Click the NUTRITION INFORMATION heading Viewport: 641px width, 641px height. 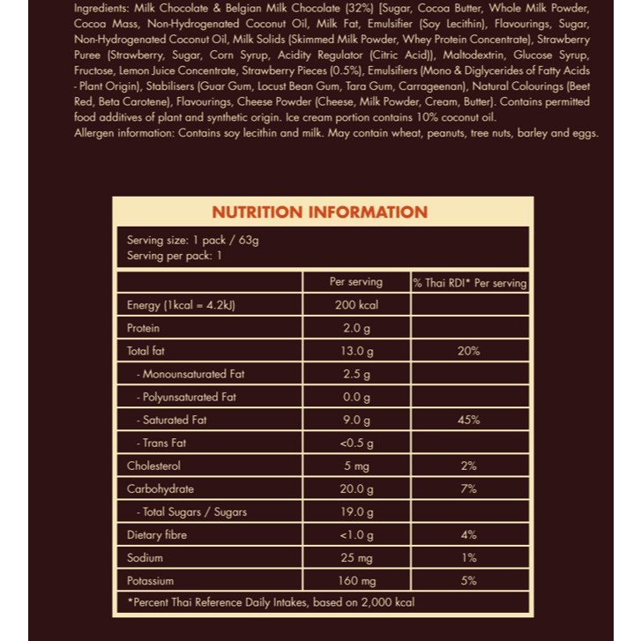click(x=320, y=212)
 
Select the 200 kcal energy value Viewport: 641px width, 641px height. click(x=356, y=305)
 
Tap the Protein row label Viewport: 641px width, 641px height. click(x=144, y=328)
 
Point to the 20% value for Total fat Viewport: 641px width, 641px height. click(x=469, y=351)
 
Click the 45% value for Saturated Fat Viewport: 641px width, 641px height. click(x=469, y=421)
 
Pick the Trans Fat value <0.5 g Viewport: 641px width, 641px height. click(x=356, y=443)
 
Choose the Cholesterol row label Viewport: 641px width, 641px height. click(x=153, y=466)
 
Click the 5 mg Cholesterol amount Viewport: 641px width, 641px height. click(x=356, y=466)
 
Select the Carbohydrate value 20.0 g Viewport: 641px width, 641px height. click(x=356, y=489)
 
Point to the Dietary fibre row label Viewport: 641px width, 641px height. click(x=157, y=535)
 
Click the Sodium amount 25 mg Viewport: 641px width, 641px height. click(x=356, y=558)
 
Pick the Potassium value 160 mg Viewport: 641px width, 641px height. click(x=356, y=581)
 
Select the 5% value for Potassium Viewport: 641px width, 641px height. click(x=469, y=581)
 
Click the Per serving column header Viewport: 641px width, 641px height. click(x=356, y=282)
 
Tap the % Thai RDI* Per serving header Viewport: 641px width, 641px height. click(x=469, y=283)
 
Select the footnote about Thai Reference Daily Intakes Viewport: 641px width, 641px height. click(x=272, y=602)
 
